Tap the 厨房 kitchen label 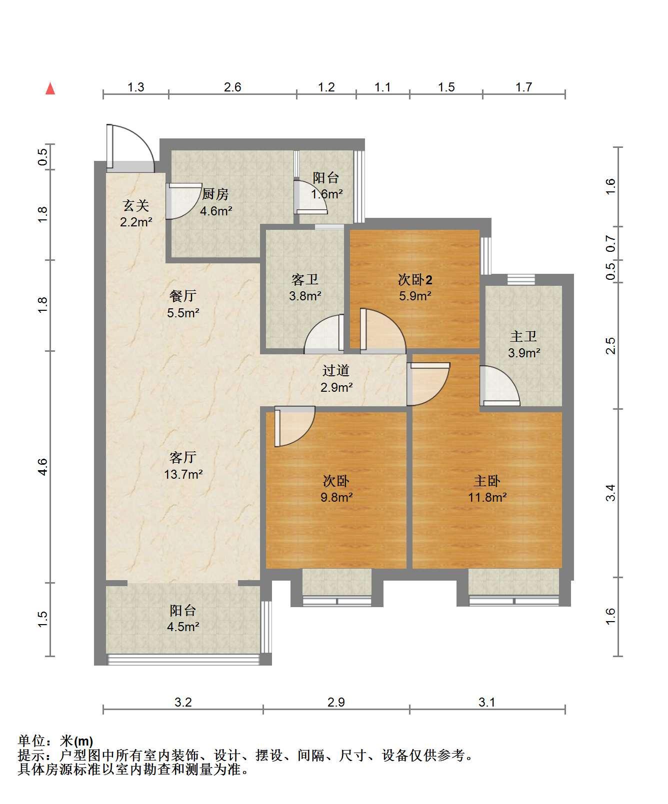pos(215,193)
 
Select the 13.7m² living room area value pos(183,474)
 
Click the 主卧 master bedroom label pos(487,481)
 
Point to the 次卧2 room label pos(415,279)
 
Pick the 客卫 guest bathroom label pos(305,279)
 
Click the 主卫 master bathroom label pos(523,336)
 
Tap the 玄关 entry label pos(136,205)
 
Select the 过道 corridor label pos(336,370)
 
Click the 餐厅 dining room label pos(182,296)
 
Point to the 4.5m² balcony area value pos(183,627)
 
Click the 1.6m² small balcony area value pos(327,194)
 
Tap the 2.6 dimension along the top pos(232,87)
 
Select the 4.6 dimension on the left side pos(43,467)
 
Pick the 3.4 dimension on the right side pos(610,493)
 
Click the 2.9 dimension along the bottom pos(336,702)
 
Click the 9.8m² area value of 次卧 pos(336,498)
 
